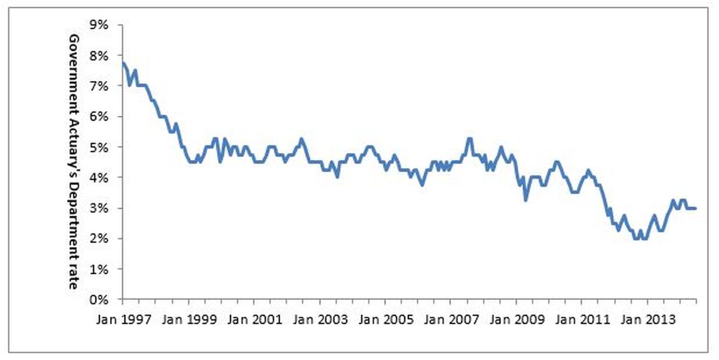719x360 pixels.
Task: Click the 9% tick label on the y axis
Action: (99, 25)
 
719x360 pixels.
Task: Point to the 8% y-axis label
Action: (99, 56)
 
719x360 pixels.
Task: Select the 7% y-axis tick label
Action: (99, 86)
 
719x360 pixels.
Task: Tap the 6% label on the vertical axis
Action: (99, 116)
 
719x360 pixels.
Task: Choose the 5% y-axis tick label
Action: (99, 147)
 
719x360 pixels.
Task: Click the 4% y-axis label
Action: (99, 177)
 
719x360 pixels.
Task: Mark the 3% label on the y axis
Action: (99, 208)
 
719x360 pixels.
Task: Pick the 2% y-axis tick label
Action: (99, 239)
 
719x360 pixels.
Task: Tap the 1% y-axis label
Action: (99, 269)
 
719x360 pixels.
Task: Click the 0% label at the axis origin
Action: (99, 300)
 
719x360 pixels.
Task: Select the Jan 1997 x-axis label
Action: (124, 320)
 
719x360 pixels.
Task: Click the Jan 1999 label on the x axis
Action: (190, 320)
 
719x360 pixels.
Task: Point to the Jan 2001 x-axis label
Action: (255, 320)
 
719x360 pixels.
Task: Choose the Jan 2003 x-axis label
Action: (320, 320)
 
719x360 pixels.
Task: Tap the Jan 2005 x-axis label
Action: (386, 320)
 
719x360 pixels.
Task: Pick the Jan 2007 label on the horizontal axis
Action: (451, 320)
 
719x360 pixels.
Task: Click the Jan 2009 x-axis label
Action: (517, 320)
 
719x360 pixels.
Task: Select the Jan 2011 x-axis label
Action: (583, 320)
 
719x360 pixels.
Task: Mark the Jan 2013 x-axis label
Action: (648, 320)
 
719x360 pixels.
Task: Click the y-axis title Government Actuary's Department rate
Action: (74, 162)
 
